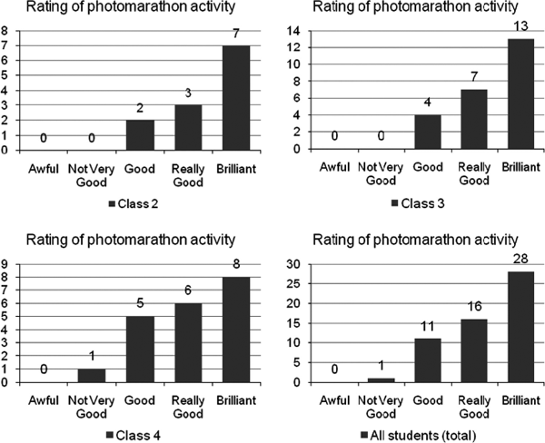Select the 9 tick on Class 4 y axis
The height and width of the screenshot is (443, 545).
tap(5, 266)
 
